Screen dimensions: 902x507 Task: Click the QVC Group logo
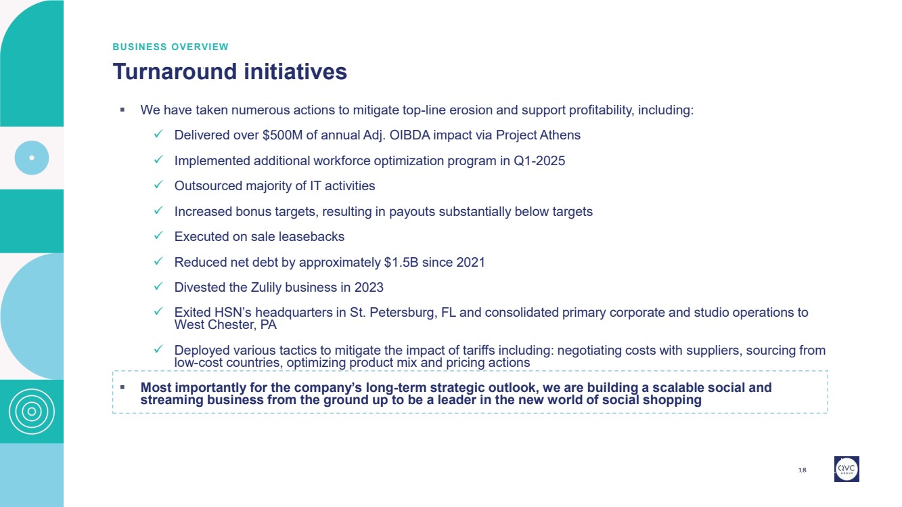click(x=847, y=468)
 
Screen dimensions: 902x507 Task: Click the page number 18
click(x=802, y=470)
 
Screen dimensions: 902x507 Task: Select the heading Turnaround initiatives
click(x=229, y=72)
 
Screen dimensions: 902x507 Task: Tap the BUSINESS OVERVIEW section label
click(x=171, y=47)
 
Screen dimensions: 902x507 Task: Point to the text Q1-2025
click(x=539, y=160)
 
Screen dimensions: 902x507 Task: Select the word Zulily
click(x=267, y=287)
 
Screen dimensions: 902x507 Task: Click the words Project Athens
click(x=538, y=135)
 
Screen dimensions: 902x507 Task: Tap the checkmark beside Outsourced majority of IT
click(x=158, y=184)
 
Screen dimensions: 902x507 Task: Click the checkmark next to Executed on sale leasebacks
click(x=158, y=235)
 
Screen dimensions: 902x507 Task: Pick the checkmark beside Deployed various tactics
click(x=158, y=349)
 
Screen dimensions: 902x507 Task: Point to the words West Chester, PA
click(x=225, y=325)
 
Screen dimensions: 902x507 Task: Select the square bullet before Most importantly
click(x=122, y=387)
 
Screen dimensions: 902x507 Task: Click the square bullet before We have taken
click(x=122, y=110)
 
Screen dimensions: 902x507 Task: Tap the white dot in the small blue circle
click(x=32, y=158)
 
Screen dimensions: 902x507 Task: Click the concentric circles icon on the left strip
click(x=32, y=412)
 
